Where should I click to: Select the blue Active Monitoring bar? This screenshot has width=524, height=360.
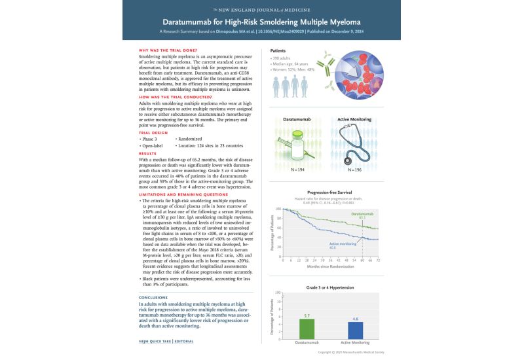pyautogui.click(x=355, y=330)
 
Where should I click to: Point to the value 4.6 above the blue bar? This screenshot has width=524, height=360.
pyautogui.click(x=355, y=318)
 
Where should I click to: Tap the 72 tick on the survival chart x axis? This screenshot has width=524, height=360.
pyautogui.click(x=378, y=260)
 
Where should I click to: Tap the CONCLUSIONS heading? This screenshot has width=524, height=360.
pyautogui.click(x=157, y=297)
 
